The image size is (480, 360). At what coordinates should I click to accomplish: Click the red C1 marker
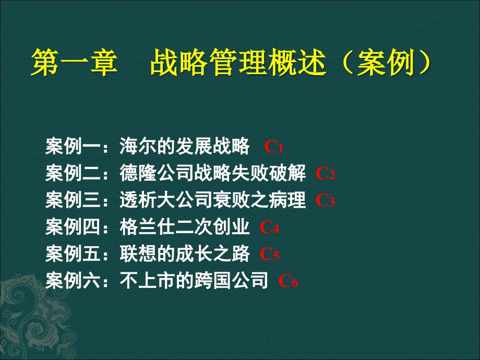[274, 147]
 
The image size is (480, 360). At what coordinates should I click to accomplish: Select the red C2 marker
[326, 174]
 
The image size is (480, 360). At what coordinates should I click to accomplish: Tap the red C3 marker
[326, 200]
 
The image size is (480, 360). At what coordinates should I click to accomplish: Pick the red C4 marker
[269, 227]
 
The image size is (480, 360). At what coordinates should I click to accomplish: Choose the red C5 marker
[269, 254]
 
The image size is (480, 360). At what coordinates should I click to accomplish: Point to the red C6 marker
[288, 281]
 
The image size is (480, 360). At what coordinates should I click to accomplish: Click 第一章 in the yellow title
[74, 63]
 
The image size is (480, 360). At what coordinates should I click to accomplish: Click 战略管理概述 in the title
[237, 63]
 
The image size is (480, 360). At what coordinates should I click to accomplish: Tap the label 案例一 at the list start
[73, 146]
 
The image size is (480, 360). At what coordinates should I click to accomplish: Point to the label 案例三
[73, 200]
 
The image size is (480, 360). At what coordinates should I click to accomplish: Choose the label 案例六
[73, 280]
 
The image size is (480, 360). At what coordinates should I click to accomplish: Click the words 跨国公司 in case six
[231, 280]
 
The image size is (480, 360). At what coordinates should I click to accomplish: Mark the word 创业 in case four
[231, 227]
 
